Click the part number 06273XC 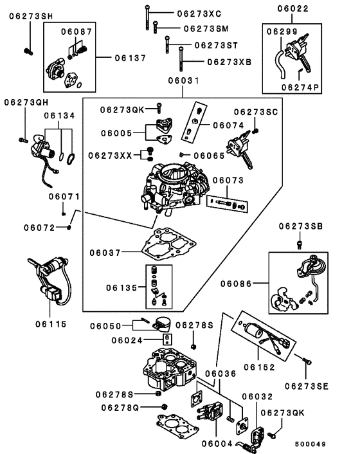pyautogui.click(x=199, y=14)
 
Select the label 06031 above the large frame pyautogui.click(x=184, y=80)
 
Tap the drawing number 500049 pyautogui.click(x=310, y=444)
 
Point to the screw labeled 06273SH pyautogui.click(x=28, y=51)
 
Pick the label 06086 pyautogui.click(x=236, y=284)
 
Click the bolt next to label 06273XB pyautogui.click(x=181, y=59)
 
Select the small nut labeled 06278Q pyautogui.click(x=165, y=406)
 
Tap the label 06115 pyautogui.click(x=51, y=324)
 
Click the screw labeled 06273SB pyautogui.click(x=300, y=244)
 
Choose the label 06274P pyautogui.click(x=300, y=87)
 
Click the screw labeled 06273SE pyautogui.click(x=307, y=361)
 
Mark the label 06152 pyautogui.click(x=259, y=367)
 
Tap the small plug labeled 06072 pyautogui.click(x=69, y=227)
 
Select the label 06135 pyautogui.click(x=122, y=288)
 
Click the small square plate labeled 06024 pyautogui.click(x=167, y=340)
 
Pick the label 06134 pyautogui.click(x=59, y=116)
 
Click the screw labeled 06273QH pyautogui.click(x=23, y=140)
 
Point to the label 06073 pyautogui.click(x=228, y=181)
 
